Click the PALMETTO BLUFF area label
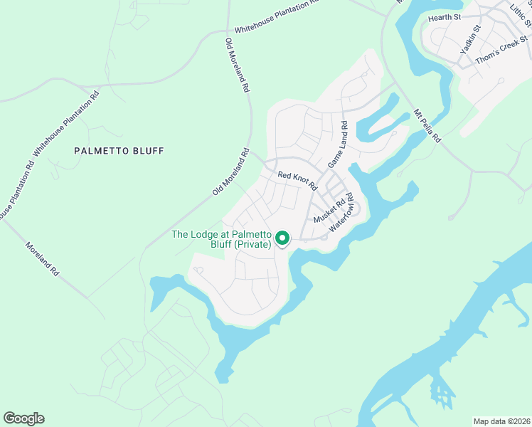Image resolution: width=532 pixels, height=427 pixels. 119,151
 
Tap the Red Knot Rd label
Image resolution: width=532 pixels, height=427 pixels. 297,179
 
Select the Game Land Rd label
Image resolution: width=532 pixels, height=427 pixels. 337,145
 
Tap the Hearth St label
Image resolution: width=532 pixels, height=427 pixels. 445,16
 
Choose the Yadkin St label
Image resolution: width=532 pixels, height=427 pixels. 470,40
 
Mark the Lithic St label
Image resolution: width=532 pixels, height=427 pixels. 520,14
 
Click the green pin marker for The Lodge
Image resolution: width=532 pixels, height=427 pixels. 282,238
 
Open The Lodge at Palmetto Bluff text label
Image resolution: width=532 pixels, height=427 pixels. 222,240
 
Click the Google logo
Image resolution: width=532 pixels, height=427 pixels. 23,418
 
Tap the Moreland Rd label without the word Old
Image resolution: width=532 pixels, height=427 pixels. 43,260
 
